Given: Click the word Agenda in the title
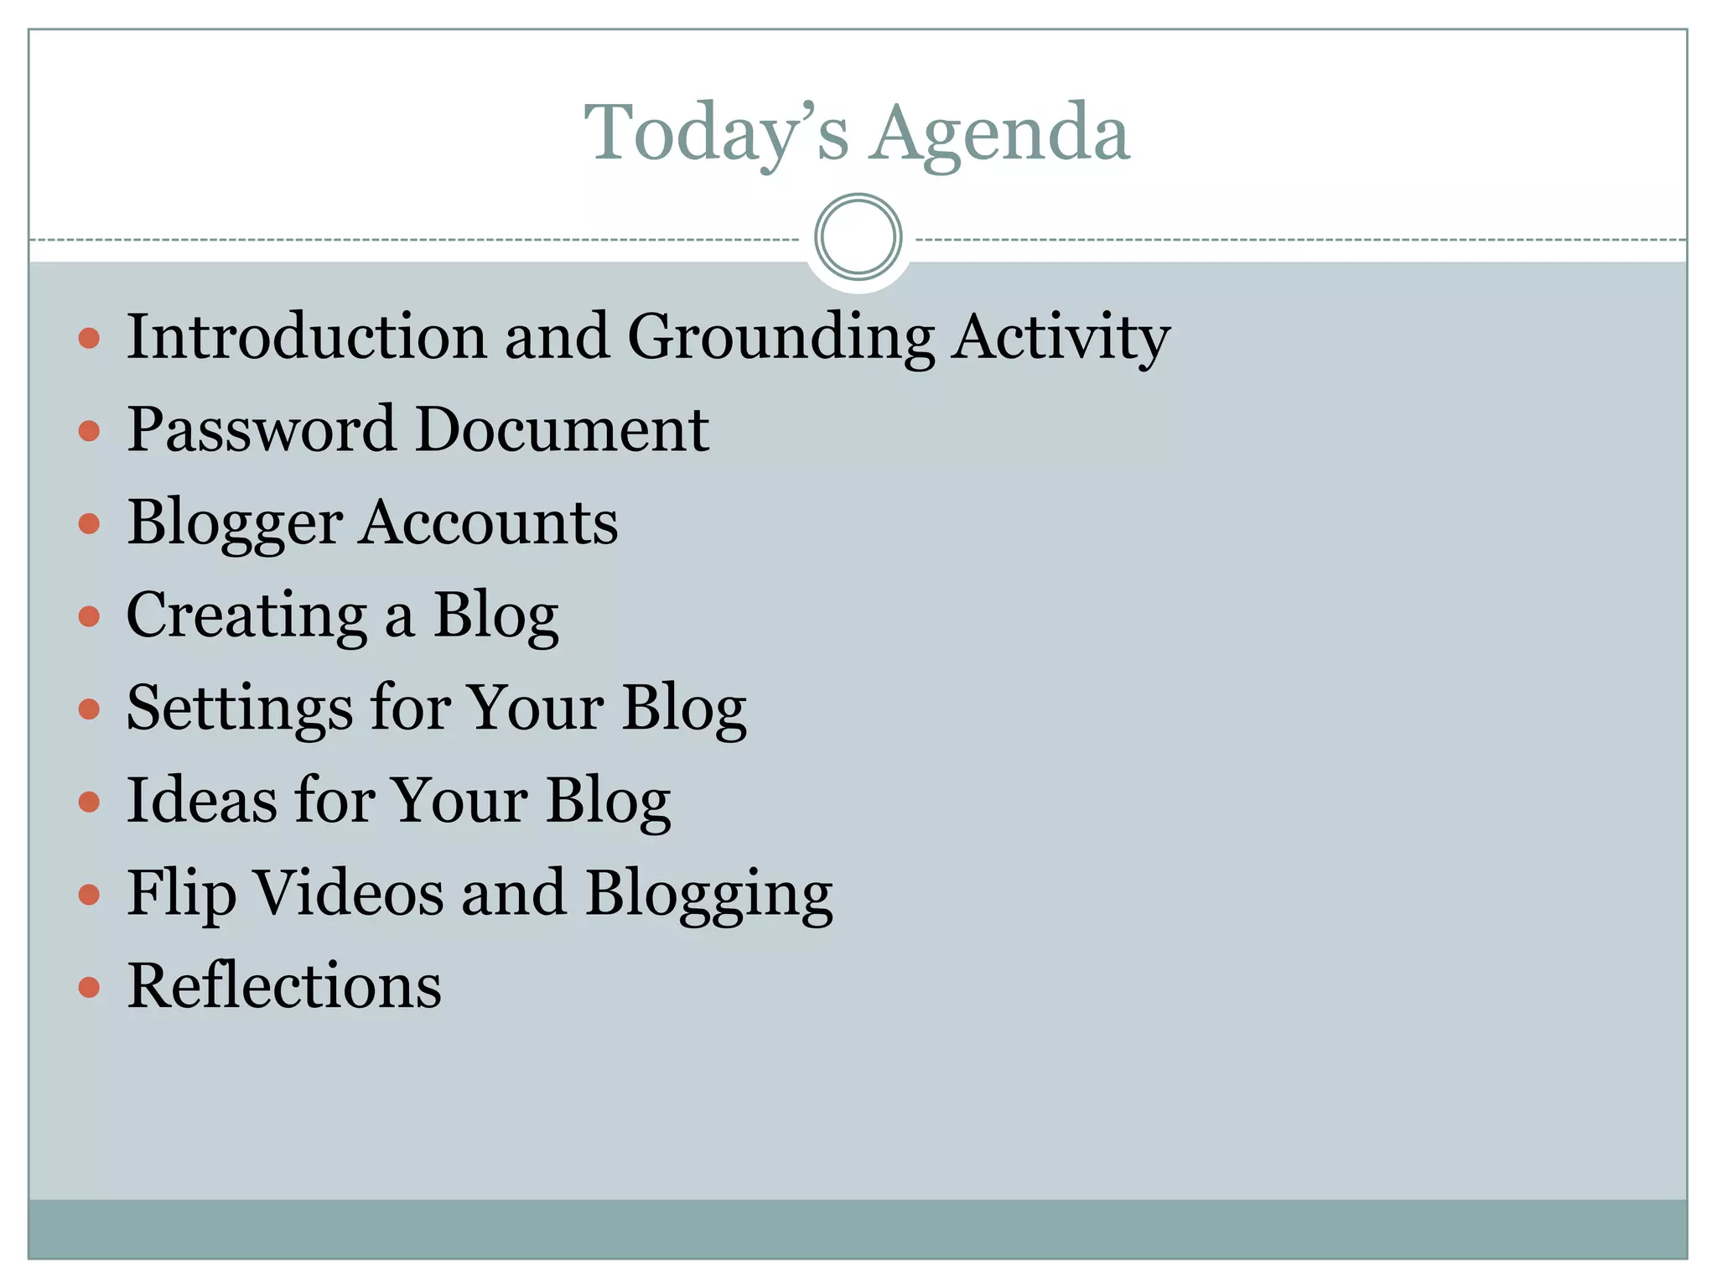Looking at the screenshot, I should click(x=999, y=134).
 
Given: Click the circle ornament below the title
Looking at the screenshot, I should click(x=858, y=237).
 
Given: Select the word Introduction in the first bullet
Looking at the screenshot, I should click(x=306, y=336).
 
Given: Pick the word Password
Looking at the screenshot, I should click(x=261, y=429).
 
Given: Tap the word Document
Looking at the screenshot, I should click(x=562, y=429).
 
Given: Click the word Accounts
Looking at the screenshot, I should click(x=490, y=522).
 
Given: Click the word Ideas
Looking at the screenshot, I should click(x=201, y=800).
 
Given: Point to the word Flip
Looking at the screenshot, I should click(x=181, y=895).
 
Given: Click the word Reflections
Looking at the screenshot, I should click(x=284, y=985).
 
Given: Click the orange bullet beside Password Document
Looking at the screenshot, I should click(x=89, y=432).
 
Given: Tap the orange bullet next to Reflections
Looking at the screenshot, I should click(x=89, y=988).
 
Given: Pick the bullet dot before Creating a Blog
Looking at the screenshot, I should click(x=89, y=617).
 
